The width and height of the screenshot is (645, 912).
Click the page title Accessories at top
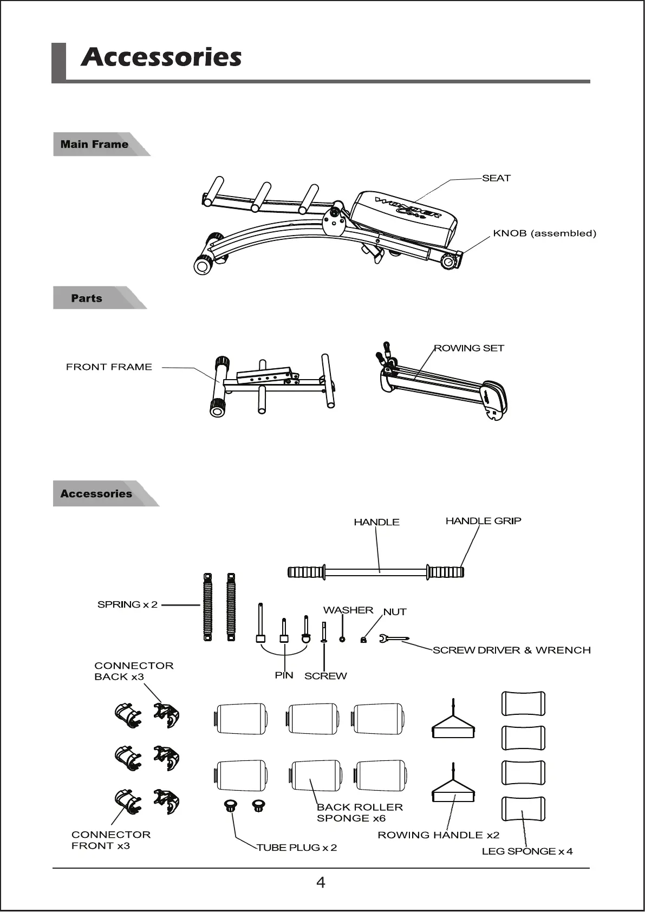point(161,57)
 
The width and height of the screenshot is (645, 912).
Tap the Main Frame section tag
point(94,145)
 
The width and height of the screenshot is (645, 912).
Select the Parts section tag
point(87,298)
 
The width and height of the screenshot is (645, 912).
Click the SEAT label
point(496,178)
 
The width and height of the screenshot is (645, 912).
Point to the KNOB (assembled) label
point(544,233)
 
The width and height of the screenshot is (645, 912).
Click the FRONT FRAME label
point(109,367)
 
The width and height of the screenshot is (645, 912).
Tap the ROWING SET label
point(469,348)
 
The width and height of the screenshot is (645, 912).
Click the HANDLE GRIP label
point(483,521)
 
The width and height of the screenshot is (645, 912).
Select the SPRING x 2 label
point(127,604)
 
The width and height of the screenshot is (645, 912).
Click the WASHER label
point(348,610)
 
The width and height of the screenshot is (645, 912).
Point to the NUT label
point(395,612)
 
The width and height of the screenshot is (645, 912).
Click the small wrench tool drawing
point(394,640)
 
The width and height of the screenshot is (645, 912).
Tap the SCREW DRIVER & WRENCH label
point(511,650)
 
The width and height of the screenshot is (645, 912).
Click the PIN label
point(284,675)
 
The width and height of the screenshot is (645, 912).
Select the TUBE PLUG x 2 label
point(297,848)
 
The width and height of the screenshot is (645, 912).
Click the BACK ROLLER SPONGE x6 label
point(359,813)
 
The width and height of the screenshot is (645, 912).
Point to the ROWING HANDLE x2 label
point(438,835)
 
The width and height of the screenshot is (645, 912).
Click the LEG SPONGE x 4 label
point(527,851)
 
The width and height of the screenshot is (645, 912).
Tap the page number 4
point(321,883)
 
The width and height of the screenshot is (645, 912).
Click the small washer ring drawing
point(342,639)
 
